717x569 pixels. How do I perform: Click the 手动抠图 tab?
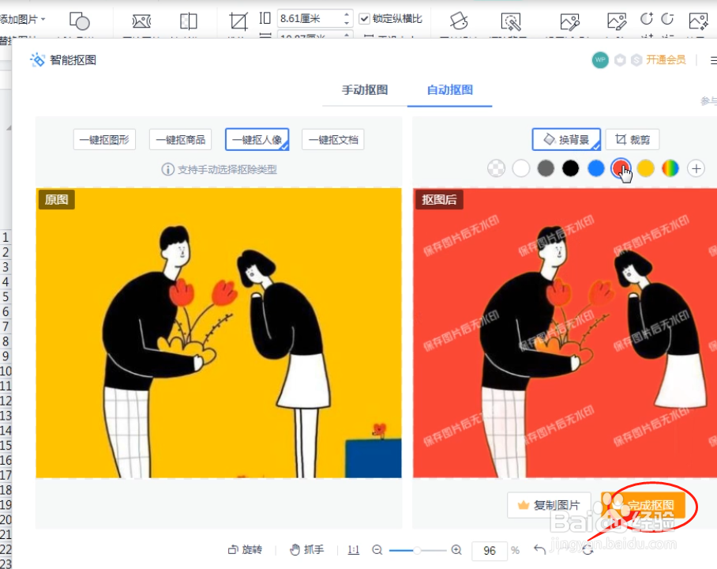click(364, 90)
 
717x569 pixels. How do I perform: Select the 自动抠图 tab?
click(449, 90)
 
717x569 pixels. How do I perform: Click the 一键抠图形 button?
click(104, 140)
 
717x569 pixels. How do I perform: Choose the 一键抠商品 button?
click(181, 140)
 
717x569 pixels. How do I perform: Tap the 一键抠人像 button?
click(257, 140)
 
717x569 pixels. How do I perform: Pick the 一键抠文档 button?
click(332, 140)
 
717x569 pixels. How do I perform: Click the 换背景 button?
click(566, 140)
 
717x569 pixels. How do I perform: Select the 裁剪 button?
click(633, 140)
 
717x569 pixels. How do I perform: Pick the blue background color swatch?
click(596, 168)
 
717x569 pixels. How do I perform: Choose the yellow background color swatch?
click(646, 168)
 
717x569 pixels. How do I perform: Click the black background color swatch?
click(571, 168)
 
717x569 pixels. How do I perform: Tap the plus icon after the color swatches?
click(696, 168)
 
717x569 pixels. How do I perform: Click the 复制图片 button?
click(549, 505)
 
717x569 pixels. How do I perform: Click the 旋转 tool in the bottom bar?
click(245, 550)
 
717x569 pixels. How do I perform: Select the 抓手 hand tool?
click(307, 550)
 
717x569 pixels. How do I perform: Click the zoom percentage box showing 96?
click(490, 550)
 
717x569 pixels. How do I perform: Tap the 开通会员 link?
click(666, 60)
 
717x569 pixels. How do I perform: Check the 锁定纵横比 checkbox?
click(364, 18)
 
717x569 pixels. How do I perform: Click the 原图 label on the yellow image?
click(56, 200)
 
